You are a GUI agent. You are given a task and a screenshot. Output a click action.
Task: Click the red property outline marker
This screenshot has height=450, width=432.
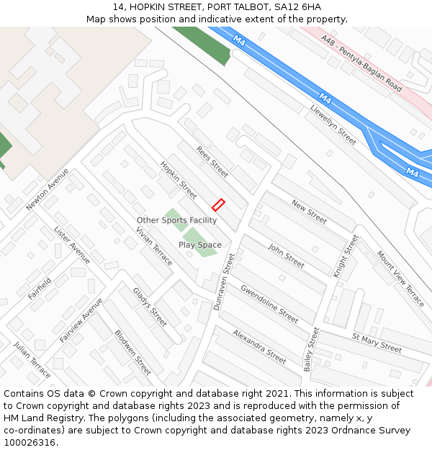[219, 204]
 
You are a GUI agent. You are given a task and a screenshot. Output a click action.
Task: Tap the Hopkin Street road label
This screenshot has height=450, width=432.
[179, 180]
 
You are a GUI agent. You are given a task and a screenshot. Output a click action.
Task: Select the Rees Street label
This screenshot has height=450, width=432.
[212, 162]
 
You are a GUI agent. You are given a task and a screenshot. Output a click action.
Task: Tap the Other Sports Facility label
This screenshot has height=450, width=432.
[176, 220]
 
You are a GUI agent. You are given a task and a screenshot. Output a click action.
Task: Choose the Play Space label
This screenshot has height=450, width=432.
[200, 245]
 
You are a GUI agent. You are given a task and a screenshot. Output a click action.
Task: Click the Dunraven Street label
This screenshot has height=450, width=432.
[225, 282]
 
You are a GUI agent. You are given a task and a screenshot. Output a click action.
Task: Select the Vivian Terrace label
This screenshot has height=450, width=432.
[155, 246]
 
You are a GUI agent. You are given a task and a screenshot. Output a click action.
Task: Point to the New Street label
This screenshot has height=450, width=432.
[309, 212]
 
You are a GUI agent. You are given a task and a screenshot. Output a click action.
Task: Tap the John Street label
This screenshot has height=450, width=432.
[286, 256]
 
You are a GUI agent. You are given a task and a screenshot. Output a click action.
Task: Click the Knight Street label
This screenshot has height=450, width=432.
[345, 256]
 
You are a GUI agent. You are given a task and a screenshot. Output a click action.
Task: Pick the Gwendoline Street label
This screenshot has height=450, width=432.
[269, 304]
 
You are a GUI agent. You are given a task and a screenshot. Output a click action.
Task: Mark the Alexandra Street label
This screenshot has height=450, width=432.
[259, 346]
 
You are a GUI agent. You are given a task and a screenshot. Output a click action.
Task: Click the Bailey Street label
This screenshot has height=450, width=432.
[311, 349]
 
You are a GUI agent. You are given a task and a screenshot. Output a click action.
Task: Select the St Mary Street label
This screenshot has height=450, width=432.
[377, 343]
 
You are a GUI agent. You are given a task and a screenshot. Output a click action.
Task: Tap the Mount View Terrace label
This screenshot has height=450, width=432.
[400, 279]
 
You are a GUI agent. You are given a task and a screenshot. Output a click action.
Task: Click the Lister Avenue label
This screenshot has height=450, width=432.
[72, 245]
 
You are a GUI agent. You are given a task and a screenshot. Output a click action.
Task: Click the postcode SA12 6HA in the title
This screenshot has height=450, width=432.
[297, 7]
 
